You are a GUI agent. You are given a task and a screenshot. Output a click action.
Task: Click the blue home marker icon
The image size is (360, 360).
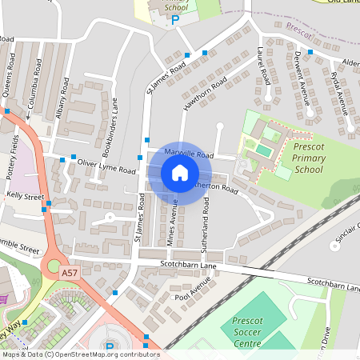tap(179, 172)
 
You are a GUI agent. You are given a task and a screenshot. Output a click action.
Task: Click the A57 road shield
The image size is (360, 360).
tap(70, 273)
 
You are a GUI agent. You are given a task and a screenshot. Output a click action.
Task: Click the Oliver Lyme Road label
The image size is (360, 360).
tap(106, 166)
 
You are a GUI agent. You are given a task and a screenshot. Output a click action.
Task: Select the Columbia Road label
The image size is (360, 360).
tap(35, 75)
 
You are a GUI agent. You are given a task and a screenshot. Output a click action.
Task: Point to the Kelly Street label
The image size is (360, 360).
tap(25, 195)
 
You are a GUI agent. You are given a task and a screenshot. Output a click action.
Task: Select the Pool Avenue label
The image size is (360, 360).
tap(192, 294)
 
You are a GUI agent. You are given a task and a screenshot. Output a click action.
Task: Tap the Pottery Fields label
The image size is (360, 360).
tap(15, 155)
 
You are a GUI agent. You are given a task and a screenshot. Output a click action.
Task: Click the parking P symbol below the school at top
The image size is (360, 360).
tap(174, 20)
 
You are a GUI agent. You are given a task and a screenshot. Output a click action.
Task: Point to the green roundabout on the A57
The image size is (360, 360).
tap(54, 266)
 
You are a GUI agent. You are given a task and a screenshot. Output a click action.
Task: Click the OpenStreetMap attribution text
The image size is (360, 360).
tap(80, 354)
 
